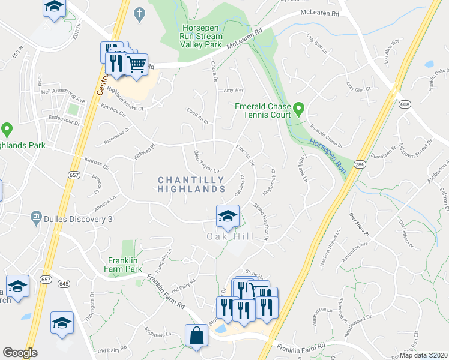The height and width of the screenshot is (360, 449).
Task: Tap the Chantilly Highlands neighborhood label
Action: pyautogui.click(x=191, y=184)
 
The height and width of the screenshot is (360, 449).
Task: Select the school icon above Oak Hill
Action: pyautogui.click(x=228, y=217)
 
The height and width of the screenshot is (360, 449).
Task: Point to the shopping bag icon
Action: pyautogui.click(x=197, y=337)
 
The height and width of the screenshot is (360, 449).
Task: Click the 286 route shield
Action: pyautogui.click(x=359, y=163)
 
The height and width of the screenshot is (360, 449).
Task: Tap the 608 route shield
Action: pyautogui.click(x=406, y=104)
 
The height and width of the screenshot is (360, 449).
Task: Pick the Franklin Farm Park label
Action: pyautogui.click(x=125, y=265)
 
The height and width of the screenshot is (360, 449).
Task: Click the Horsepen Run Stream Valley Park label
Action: pyautogui.click(x=201, y=36)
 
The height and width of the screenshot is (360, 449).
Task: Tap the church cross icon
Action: pyautogui.click(x=139, y=13)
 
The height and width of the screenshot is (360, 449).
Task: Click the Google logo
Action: pyautogui.click(x=20, y=353)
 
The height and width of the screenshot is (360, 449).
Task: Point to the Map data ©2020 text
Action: pyautogui.click(x=423, y=355)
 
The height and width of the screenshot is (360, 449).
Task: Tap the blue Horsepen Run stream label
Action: pyautogui.click(x=328, y=153)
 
